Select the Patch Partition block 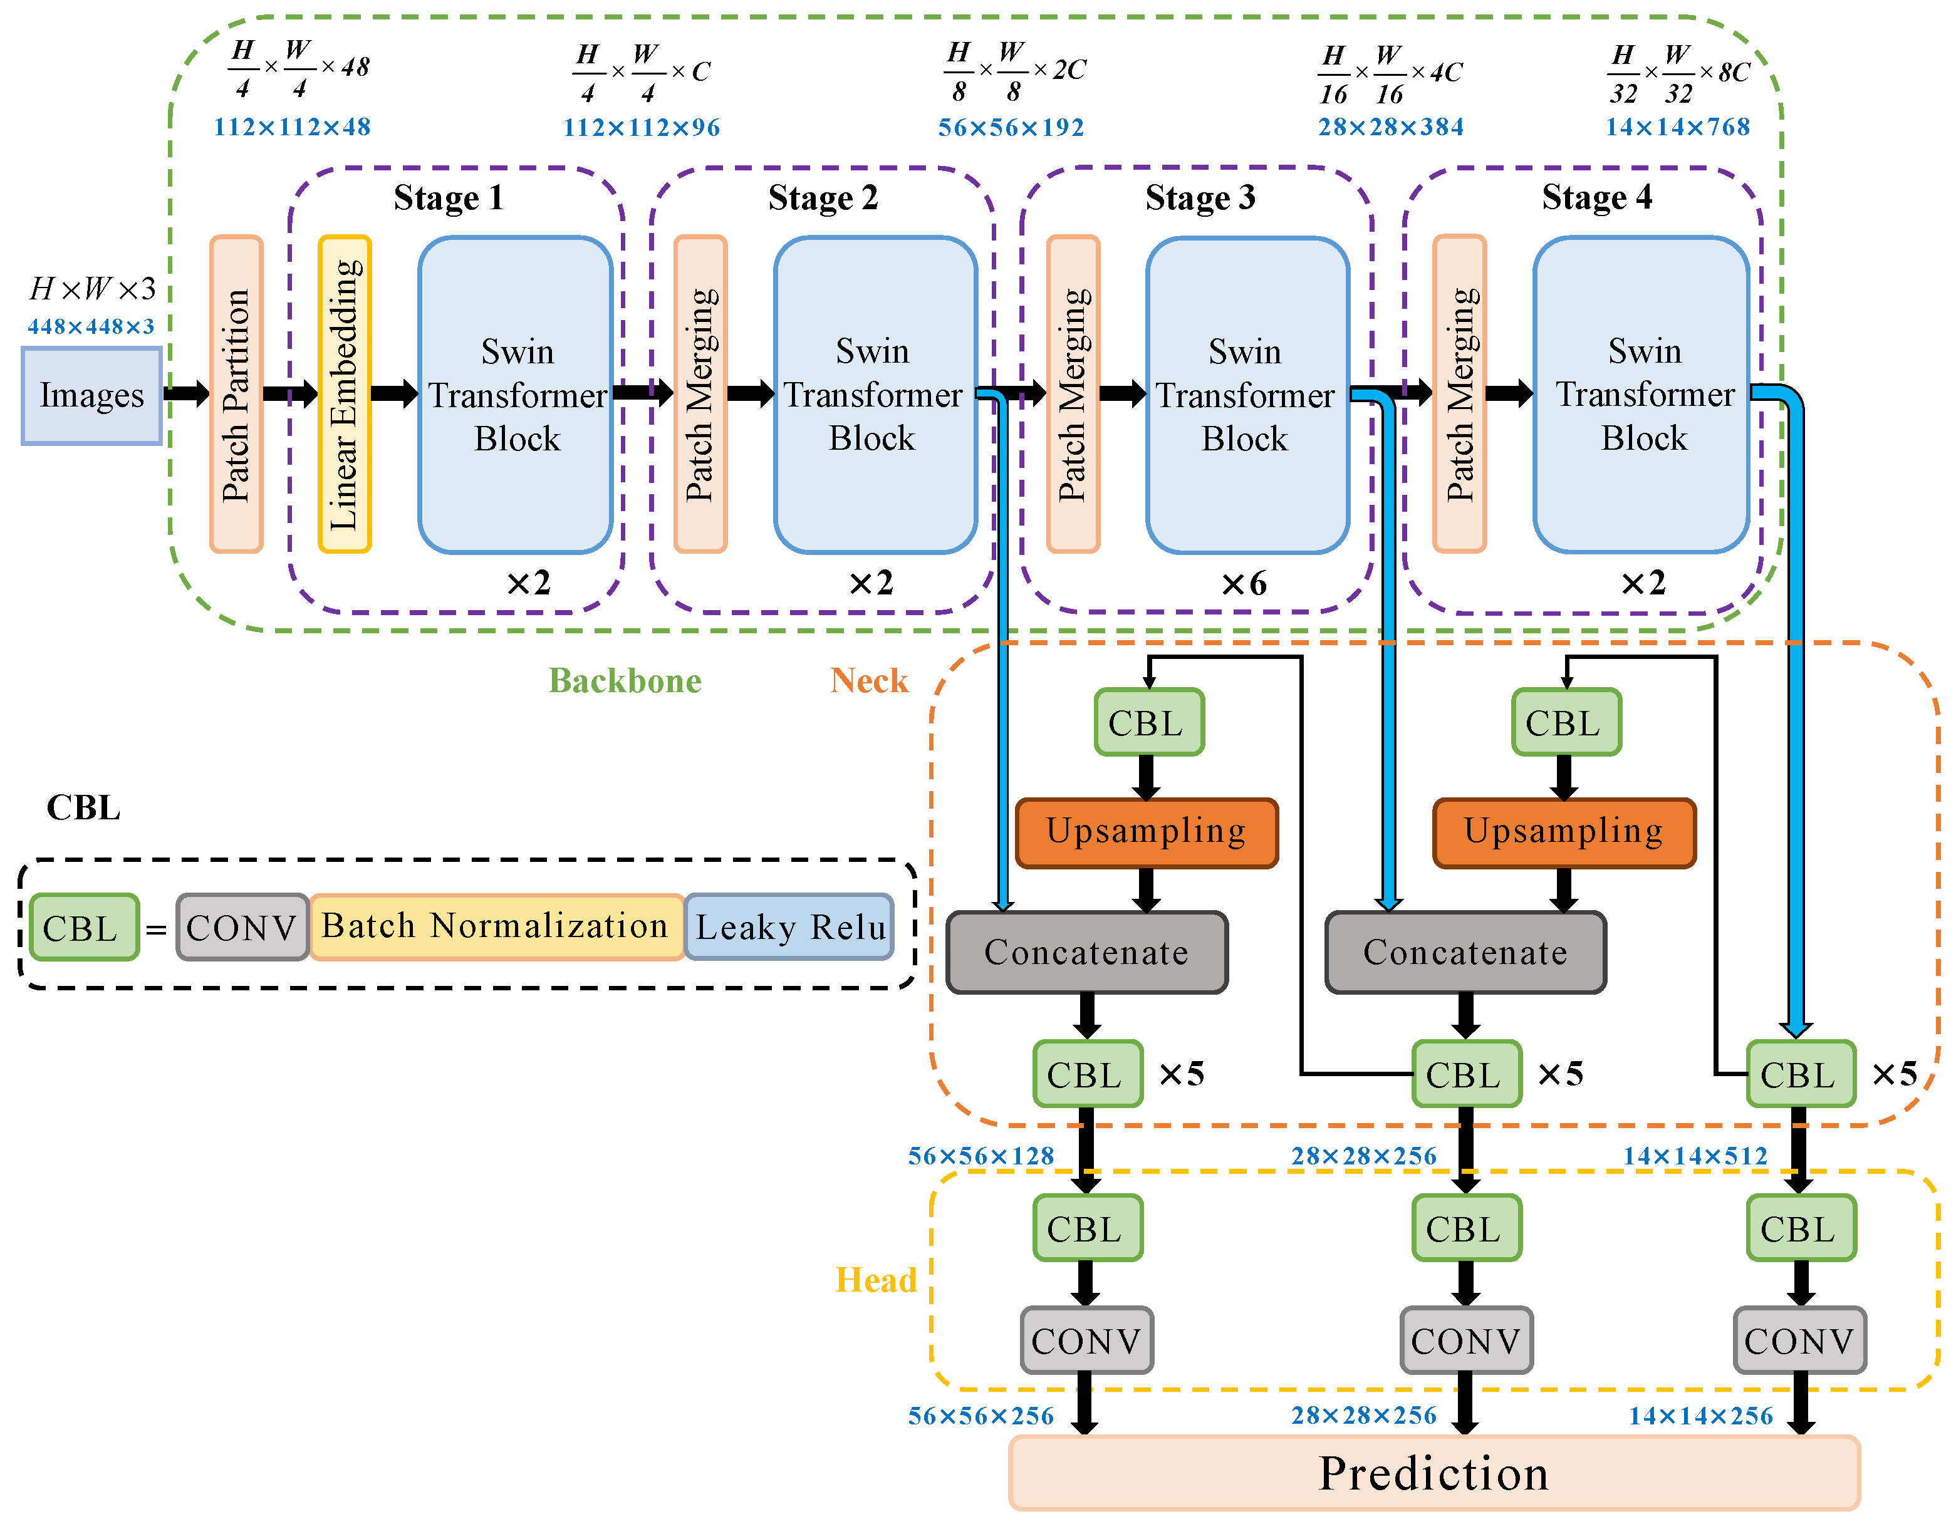point(236,394)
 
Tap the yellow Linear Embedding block point(345,394)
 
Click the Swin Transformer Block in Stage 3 point(1247,395)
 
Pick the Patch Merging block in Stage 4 point(1459,394)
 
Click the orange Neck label point(869,682)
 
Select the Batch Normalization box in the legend point(496,926)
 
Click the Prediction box point(1433,1473)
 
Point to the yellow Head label point(875,1280)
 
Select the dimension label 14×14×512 point(1695,1156)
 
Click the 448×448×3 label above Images point(90,327)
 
